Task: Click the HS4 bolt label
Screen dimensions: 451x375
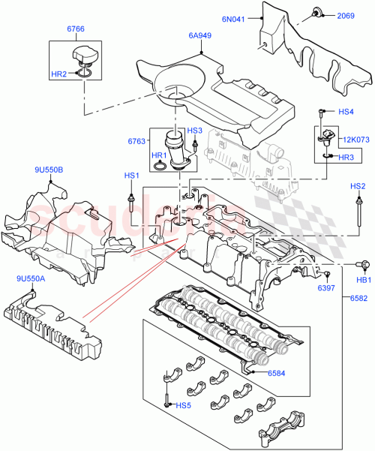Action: [346, 112]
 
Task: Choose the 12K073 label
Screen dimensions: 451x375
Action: [357, 139]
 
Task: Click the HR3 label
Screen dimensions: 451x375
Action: [346, 158]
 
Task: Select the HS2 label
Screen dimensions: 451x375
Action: [358, 185]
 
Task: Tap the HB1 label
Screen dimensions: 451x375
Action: [363, 280]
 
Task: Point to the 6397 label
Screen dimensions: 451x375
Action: [325, 288]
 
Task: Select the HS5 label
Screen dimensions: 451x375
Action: [182, 406]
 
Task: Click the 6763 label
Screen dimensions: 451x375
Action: [136, 140]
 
